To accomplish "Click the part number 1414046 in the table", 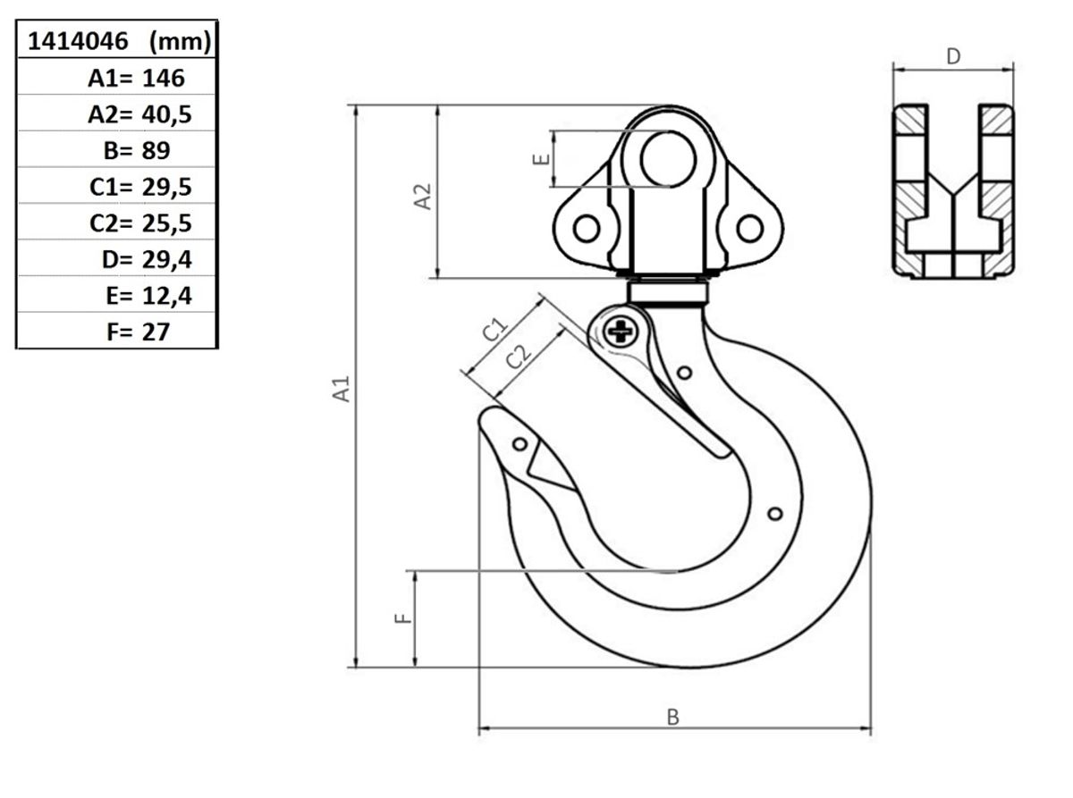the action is [78, 41].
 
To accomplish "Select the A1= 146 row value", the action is [136, 78].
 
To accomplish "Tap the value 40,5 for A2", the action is [166, 115].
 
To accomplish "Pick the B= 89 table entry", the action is [137, 150].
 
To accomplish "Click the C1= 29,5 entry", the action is [140, 187].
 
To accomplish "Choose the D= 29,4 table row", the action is [147, 260].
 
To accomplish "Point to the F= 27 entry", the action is [138, 332].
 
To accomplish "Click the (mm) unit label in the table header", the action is [180, 42].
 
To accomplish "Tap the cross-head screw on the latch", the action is [621, 332].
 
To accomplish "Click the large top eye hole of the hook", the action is [668, 159].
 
